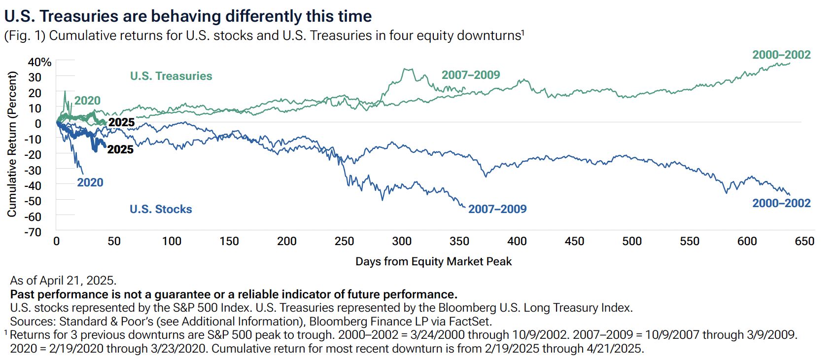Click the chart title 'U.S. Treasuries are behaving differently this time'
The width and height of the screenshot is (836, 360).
coord(188,16)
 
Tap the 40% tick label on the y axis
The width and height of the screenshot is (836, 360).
coord(39,62)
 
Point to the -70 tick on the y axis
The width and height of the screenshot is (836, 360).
coord(33,232)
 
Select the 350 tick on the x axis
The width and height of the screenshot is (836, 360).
coord(459,241)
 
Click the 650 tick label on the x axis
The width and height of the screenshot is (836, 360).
coord(804,241)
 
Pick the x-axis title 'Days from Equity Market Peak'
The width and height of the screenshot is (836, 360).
coord(434,261)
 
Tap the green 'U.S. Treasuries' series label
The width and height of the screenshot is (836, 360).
coord(171,76)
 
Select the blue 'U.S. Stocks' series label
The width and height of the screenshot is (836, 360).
coord(161,209)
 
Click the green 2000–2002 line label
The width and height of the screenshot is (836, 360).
coord(781,55)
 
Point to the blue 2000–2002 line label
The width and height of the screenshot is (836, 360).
coord(781,203)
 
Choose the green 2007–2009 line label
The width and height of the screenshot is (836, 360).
coord(471,75)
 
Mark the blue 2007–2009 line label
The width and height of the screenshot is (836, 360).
coord(497,209)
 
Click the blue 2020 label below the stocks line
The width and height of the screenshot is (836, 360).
coord(90,182)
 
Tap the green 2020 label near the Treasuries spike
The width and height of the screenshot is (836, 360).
coord(87,101)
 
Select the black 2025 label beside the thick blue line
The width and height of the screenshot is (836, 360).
coord(121,149)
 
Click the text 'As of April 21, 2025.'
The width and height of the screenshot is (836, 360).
coord(63,281)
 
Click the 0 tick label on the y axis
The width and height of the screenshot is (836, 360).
coord(37,124)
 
